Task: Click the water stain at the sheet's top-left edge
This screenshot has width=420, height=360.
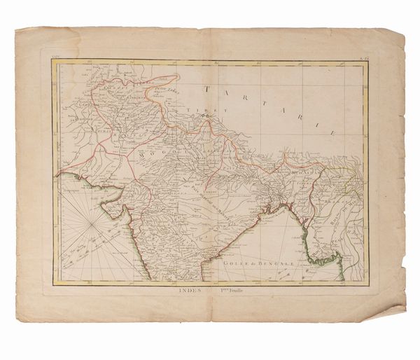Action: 28,42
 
